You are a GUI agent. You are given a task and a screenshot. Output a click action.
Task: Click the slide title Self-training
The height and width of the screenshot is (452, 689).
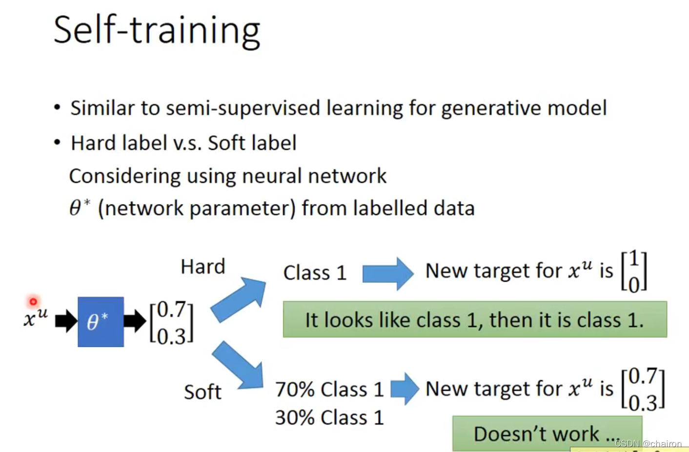point(157,31)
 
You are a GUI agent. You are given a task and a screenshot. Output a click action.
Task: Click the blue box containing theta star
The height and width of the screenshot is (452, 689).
point(101,322)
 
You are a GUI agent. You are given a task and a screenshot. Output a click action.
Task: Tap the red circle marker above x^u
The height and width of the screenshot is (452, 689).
point(33,302)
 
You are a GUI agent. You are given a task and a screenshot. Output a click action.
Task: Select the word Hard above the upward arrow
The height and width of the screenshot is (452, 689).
point(203,267)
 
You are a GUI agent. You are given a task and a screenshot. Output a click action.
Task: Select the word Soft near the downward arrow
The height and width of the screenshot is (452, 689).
point(203,392)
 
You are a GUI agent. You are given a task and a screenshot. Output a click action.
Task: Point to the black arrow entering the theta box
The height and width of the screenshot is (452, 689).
point(66,321)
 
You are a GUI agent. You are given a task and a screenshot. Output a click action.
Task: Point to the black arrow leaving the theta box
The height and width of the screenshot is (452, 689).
point(135,321)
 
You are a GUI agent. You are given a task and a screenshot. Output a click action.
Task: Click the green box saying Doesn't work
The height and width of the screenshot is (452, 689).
point(547,433)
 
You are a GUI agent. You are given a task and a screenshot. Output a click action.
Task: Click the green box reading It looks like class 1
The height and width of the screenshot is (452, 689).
point(475,319)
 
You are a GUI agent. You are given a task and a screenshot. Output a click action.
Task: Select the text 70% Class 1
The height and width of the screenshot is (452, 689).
point(329,390)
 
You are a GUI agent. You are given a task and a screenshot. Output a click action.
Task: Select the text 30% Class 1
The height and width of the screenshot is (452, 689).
point(329,417)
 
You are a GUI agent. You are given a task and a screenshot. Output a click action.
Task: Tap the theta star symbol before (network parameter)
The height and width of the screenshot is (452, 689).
point(80,207)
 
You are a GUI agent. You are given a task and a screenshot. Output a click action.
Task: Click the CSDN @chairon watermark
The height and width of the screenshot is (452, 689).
point(648,443)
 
